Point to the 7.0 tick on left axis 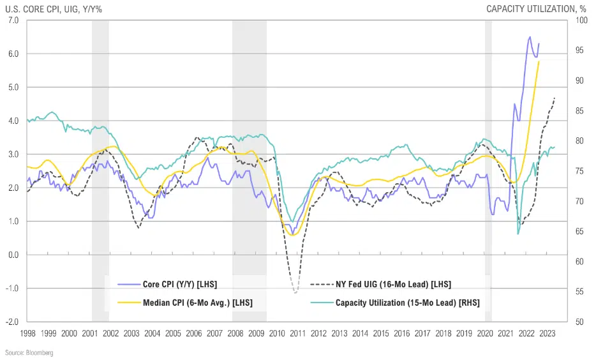pos(13,20)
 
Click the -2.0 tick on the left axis pos(12,322)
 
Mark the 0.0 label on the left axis pos(13,255)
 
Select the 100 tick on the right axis pos(581,20)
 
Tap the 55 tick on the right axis pos(579,292)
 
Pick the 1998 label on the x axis pos(28,333)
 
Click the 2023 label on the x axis pos(547,333)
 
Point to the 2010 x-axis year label pos(277,333)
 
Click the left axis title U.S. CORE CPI pos(54,8)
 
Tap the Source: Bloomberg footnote pos(29,352)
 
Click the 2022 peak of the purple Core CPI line pos(530,37)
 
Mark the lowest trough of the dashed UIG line pos(295,293)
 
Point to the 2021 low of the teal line pos(518,234)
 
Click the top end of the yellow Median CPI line pos(539,62)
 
